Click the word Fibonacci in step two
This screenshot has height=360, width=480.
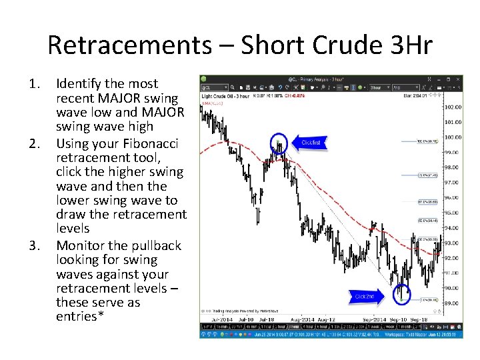[148, 143]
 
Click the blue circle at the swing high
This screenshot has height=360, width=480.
[280, 143]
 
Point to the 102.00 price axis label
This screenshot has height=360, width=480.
[454, 107]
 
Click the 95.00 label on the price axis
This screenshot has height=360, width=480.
[454, 213]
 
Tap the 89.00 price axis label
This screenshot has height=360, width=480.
[454, 303]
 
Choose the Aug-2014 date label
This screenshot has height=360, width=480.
[303, 319]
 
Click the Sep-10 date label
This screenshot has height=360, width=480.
[399, 319]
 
